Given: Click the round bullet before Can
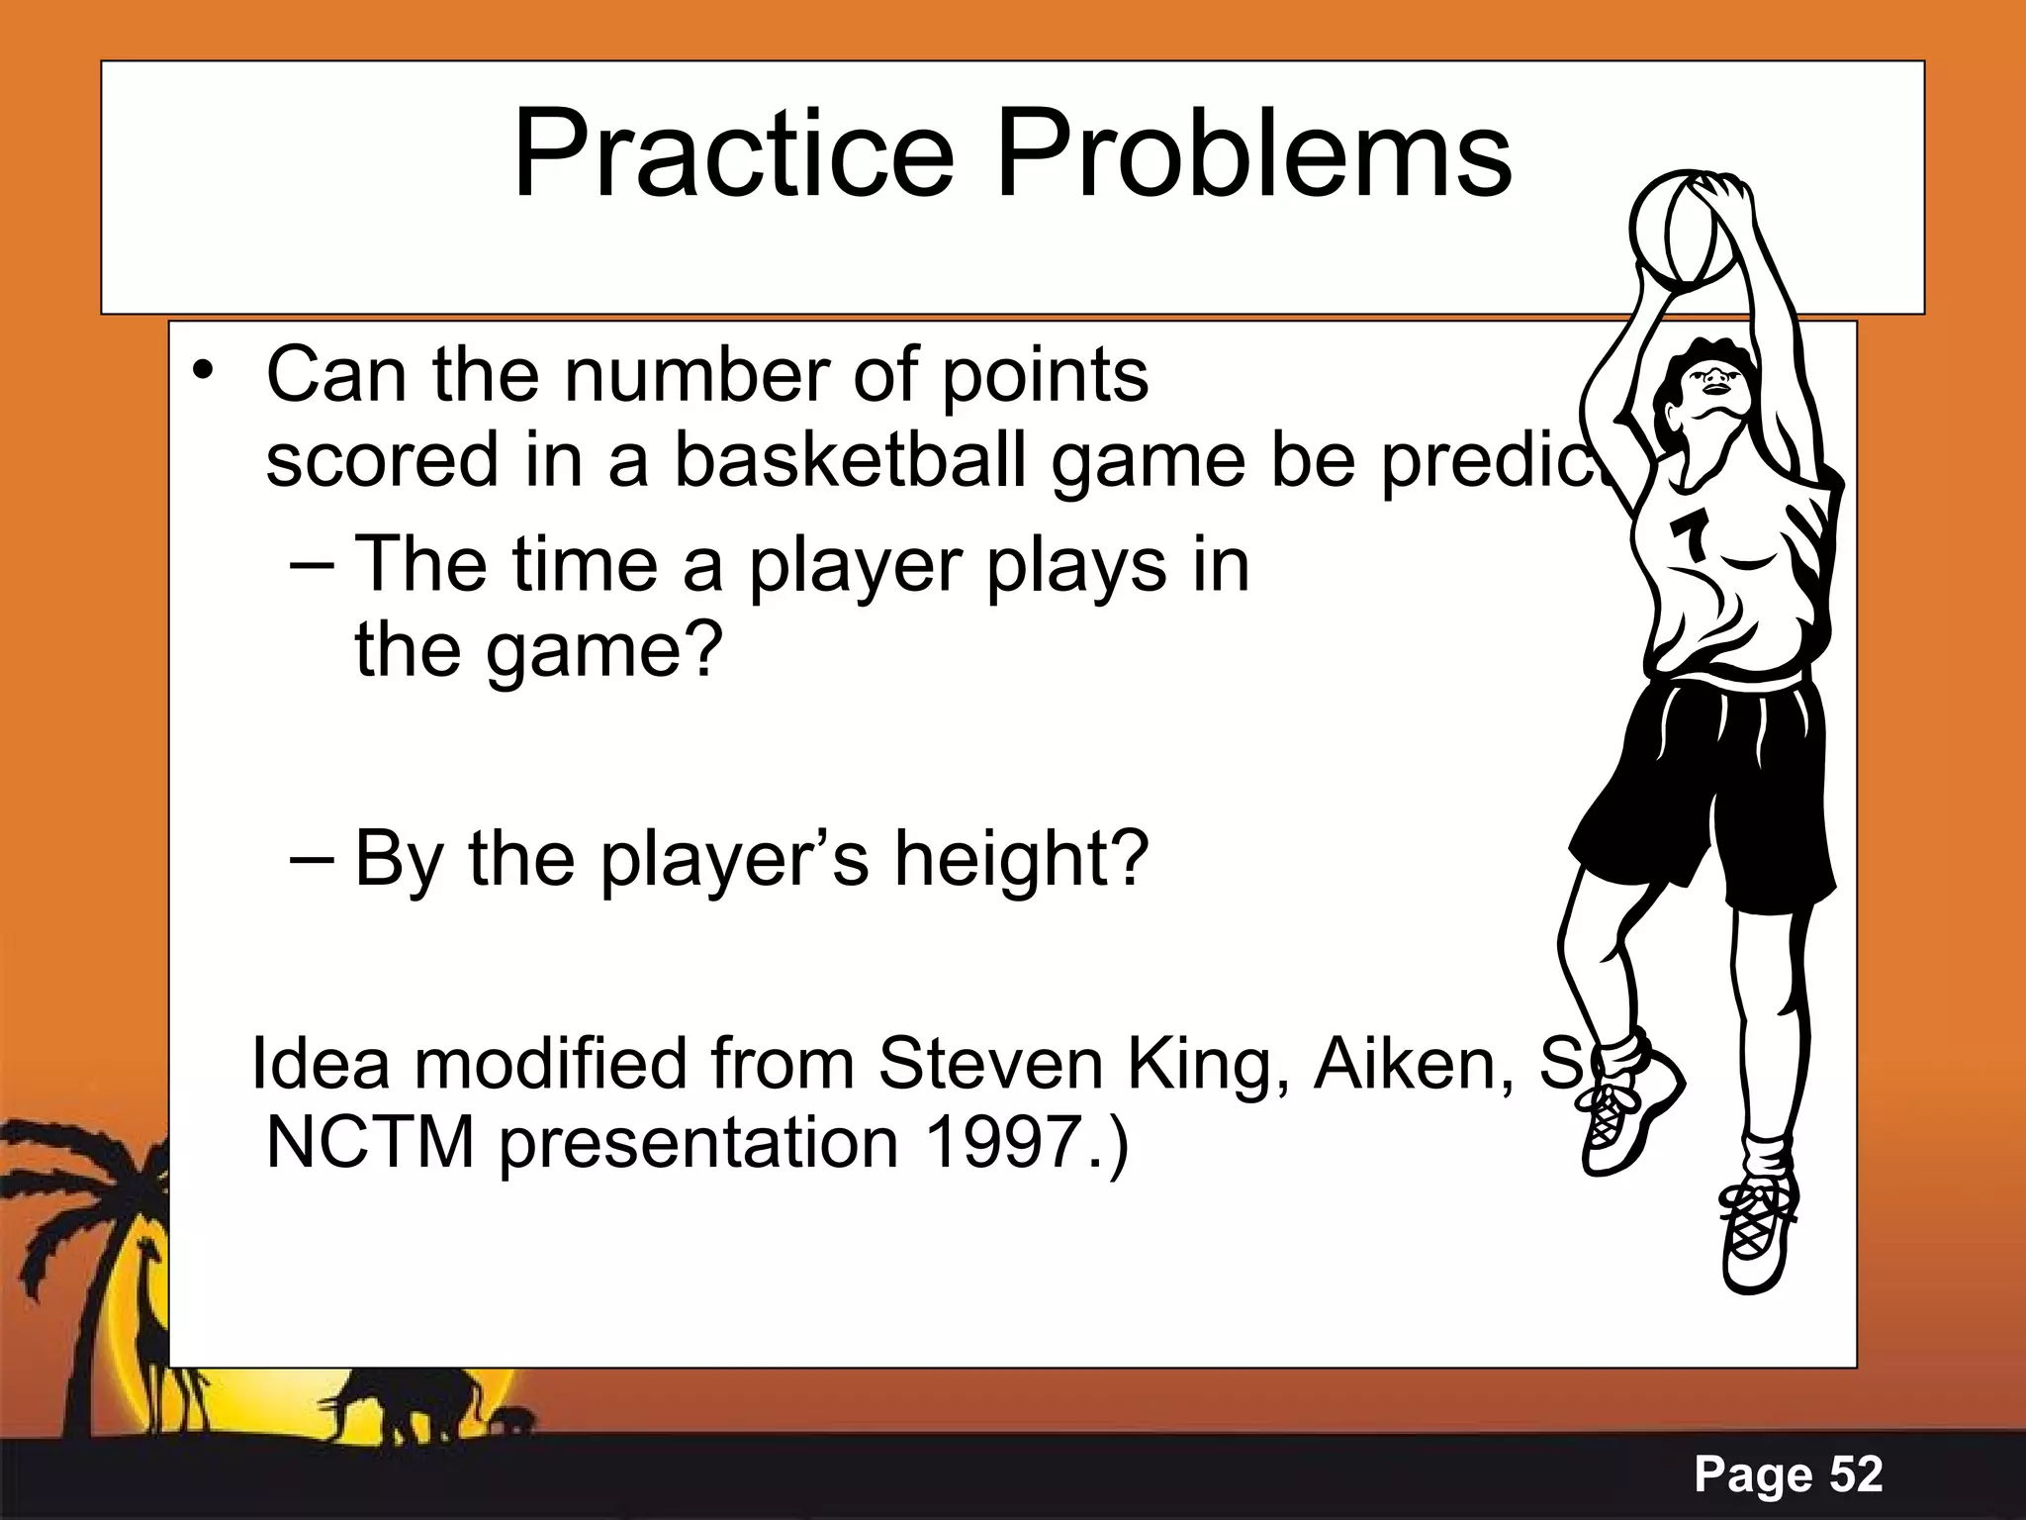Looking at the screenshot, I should (203, 373).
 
